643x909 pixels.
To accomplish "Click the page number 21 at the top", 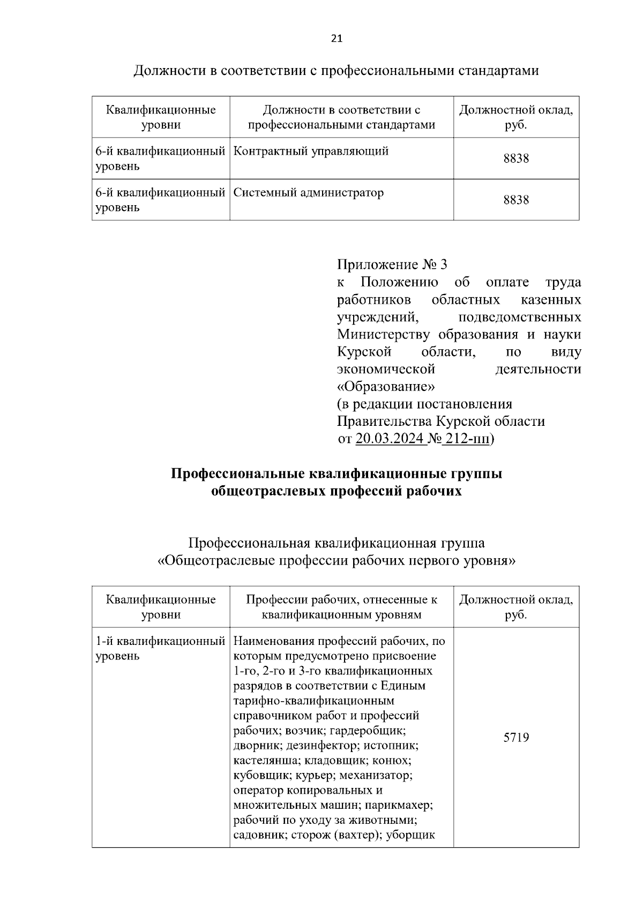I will click(x=337, y=39).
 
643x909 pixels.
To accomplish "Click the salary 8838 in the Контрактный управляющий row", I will click(x=515, y=159).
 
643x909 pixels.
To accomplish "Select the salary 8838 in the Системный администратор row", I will click(x=515, y=200).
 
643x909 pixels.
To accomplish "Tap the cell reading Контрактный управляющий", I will click(x=311, y=151).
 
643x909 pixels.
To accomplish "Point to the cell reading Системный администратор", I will click(x=309, y=192).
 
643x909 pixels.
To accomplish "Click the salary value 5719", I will click(x=515, y=738).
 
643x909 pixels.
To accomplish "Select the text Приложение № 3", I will click(x=391, y=265).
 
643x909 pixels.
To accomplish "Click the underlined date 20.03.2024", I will click(x=390, y=438).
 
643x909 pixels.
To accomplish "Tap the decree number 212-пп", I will click(x=467, y=438).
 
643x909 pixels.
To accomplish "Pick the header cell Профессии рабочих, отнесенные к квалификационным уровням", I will click(x=341, y=607).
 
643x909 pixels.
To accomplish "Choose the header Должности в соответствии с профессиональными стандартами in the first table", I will click(x=341, y=117).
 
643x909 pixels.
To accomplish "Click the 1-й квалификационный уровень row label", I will click(x=160, y=648).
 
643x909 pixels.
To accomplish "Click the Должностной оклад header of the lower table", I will click(x=515, y=607).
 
